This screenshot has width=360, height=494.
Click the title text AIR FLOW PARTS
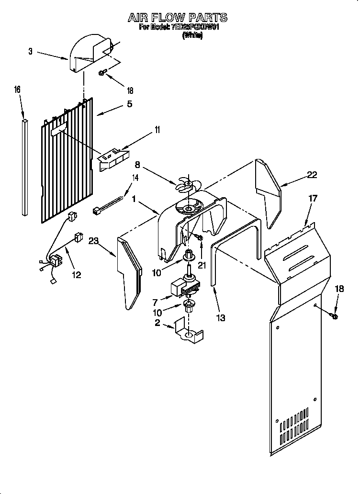[177, 18]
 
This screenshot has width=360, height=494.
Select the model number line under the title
[179, 28]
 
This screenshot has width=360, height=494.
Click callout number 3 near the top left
[30, 52]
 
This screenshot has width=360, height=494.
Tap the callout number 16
[17, 90]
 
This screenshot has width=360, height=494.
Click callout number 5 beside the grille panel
[129, 103]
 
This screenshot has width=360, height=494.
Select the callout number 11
[157, 130]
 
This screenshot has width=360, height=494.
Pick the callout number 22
[312, 175]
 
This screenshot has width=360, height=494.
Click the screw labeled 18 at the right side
[334, 316]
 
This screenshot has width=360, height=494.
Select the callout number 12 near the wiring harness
[76, 275]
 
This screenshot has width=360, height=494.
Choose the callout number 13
[220, 317]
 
